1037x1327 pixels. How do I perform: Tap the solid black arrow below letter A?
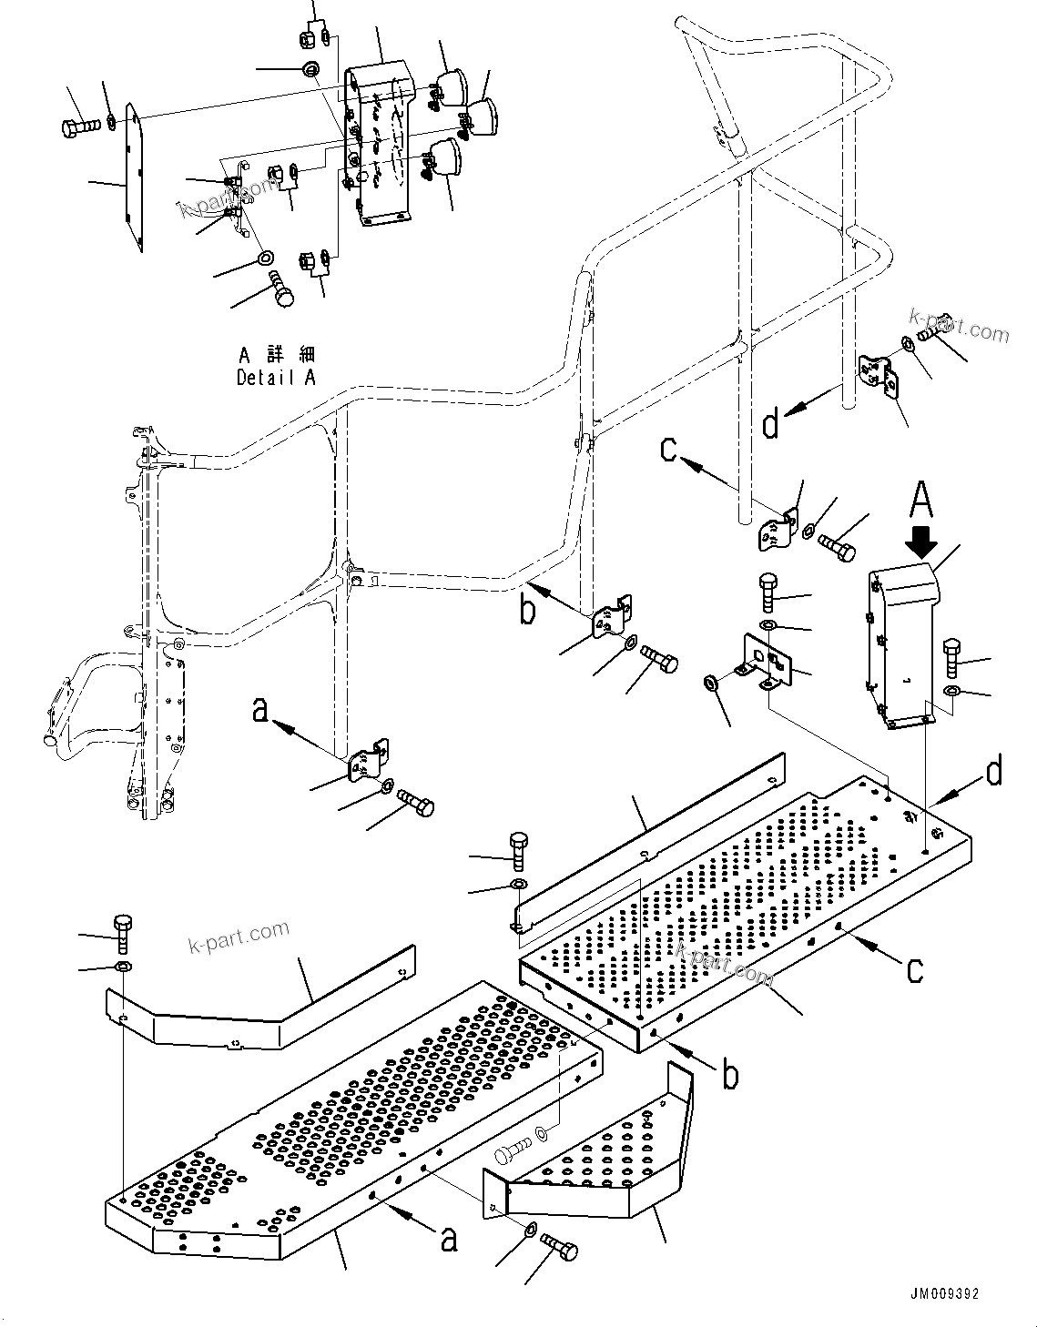pos(922,543)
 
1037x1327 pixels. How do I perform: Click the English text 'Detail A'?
pos(276,377)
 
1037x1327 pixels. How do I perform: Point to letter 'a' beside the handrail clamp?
pos(260,710)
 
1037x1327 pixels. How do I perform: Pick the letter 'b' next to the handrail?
pos(528,610)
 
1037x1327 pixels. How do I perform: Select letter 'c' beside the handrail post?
pos(669,450)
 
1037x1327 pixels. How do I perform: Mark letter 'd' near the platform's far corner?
pos(994,772)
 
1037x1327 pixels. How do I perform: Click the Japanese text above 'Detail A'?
pos(276,354)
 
